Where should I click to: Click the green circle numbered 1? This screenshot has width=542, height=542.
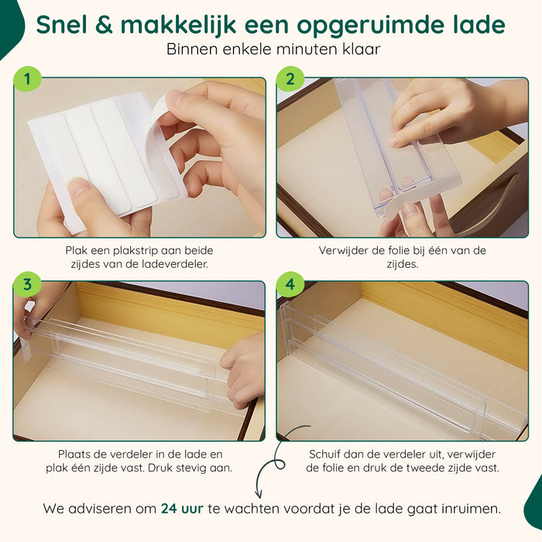pos(27,79)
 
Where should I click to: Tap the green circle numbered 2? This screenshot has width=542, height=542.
pos(290,79)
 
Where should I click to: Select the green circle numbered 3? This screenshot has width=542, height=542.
pos(27,284)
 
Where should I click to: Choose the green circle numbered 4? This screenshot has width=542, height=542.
pos(290,284)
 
